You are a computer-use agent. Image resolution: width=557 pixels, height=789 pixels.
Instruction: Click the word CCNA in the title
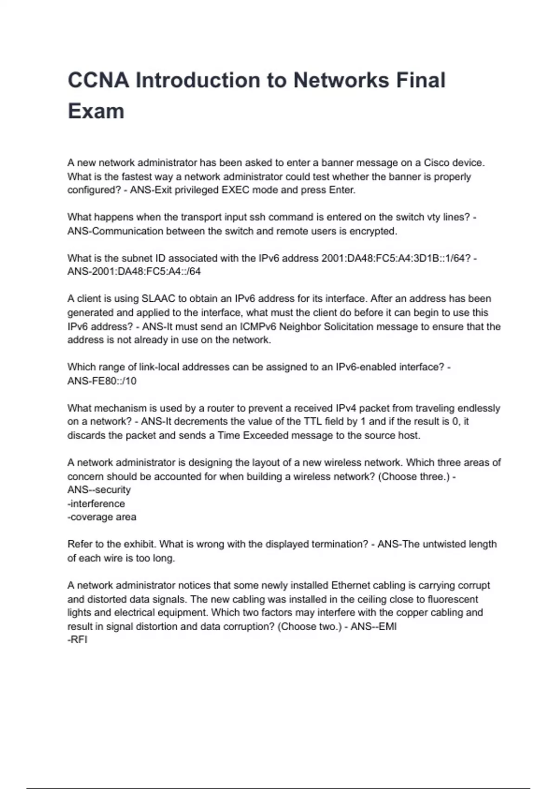coord(98,80)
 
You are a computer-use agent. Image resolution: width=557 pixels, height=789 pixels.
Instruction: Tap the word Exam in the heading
coord(96,111)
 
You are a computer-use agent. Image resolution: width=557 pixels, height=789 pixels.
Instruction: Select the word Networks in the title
coord(341,80)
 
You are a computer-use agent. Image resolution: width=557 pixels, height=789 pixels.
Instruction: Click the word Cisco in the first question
coord(436,163)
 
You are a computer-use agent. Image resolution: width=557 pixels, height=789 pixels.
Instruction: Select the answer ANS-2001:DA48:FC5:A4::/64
coord(134,272)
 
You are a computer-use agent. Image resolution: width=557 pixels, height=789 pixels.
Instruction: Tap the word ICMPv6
coord(258,326)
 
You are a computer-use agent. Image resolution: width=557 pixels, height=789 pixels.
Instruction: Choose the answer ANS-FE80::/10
coord(102,381)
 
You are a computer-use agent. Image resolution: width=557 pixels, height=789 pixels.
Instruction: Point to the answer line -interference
coord(96,504)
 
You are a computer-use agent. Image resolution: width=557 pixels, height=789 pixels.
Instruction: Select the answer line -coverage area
coord(102,517)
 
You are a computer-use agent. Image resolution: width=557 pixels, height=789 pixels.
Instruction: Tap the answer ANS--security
coord(99,490)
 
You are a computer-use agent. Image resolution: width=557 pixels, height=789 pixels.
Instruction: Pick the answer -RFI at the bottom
coord(78,640)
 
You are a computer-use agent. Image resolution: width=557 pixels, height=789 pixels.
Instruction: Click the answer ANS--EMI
coord(374,626)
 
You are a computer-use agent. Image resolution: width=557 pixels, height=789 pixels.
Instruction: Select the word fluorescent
coord(453,599)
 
